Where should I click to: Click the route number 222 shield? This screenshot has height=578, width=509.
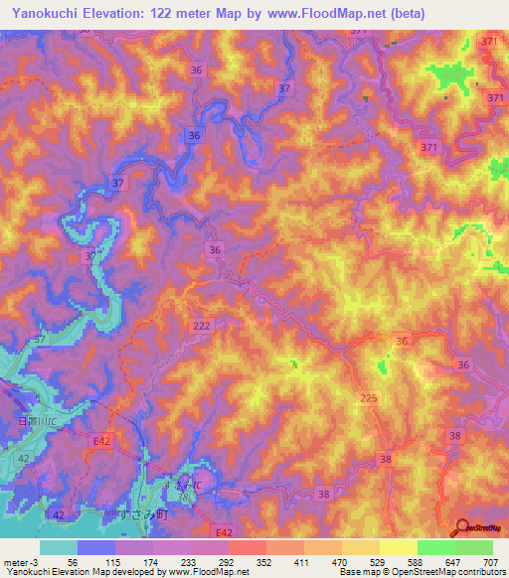(202, 326)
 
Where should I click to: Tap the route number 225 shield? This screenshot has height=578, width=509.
(368, 397)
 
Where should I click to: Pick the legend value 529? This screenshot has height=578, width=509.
(380, 561)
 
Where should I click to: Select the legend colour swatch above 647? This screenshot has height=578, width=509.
(436, 547)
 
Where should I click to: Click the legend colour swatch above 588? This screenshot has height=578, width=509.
(399, 547)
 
